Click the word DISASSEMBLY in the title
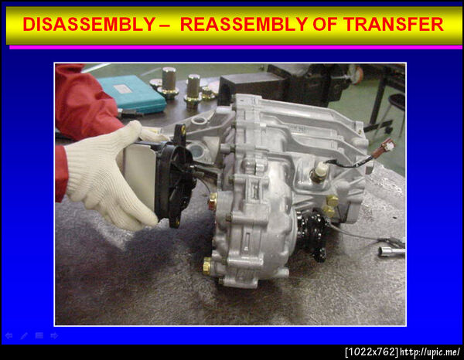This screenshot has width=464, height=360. tap(89, 24)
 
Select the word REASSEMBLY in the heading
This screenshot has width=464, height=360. tap(244, 24)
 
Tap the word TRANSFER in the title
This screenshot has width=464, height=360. tap(394, 24)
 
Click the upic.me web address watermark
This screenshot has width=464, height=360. tap(430, 352)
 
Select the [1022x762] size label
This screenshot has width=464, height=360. tap(372, 352)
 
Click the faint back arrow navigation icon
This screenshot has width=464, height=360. tap(9, 336)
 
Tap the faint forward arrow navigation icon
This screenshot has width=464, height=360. tap(54, 336)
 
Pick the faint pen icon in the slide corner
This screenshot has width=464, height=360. tap(24, 336)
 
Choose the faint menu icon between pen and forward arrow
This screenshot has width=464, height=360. tap(39, 336)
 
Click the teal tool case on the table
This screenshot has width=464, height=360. tap(131, 93)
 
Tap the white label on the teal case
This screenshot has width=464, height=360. tap(122, 88)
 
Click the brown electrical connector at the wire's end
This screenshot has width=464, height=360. tap(384, 147)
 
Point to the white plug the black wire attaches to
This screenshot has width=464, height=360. tap(319, 170)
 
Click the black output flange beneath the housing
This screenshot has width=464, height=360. tap(313, 235)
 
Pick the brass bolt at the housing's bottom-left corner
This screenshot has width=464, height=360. tap(207, 265)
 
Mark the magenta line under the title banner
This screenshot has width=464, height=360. tap(236, 47)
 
